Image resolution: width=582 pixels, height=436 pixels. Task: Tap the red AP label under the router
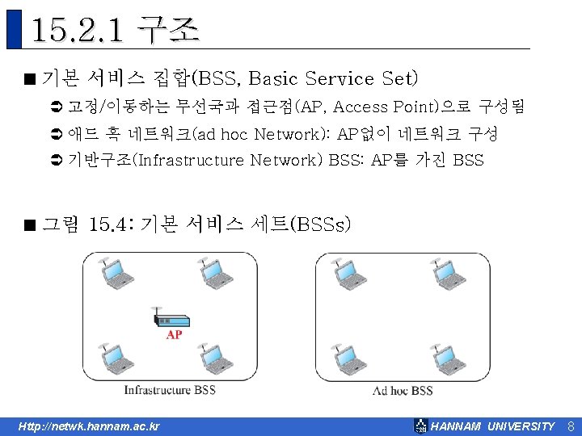click(x=174, y=334)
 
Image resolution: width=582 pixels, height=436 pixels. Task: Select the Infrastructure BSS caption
click(x=170, y=390)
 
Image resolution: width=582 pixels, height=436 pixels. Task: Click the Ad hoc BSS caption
click(x=403, y=391)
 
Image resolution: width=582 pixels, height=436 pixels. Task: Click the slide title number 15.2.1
click(x=79, y=31)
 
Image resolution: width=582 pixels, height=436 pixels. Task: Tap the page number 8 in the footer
click(x=570, y=426)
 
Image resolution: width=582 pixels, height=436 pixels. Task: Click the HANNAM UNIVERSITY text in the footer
click(x=493, y=426)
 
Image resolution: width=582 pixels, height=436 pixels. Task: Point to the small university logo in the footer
click(x=420, y=426)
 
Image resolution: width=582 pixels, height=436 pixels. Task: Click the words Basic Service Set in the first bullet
click(x=334, y=79)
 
